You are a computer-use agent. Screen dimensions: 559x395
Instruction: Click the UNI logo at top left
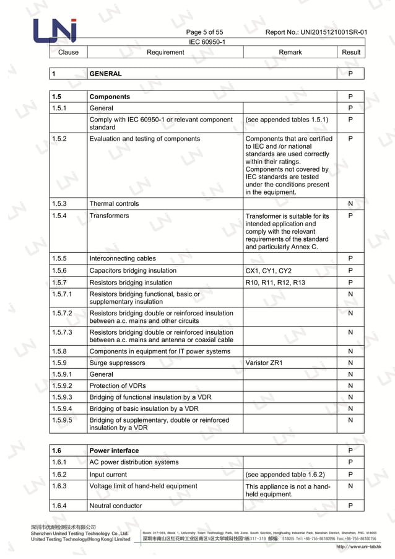tap(55, 31)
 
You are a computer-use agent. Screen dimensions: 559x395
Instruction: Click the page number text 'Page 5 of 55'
tap(204, 32)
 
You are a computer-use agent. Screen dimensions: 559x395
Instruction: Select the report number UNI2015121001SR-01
tap(316, 32)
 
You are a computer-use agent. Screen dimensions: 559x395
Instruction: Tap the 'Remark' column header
tap(290, 52)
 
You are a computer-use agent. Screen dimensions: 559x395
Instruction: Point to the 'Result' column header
tap(350, 52)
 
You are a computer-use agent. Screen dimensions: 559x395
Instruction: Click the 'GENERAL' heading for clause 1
tap(106, 74)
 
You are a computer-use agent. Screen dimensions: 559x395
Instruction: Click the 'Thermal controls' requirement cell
tap(114, 203)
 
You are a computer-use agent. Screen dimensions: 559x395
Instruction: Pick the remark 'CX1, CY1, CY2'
tap(268, 271)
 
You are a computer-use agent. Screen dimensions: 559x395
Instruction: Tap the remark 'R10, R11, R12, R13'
tap(275, 283)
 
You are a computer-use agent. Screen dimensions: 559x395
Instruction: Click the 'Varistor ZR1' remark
tap(264, 363)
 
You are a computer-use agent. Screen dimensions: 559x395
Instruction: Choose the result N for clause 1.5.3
tap(350, 203)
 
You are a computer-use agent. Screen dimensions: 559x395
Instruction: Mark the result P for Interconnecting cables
tap(350, 258)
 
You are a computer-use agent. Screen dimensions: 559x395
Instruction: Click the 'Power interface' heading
tap(114, 451)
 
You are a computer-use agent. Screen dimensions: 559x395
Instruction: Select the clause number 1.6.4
tap(61, 506)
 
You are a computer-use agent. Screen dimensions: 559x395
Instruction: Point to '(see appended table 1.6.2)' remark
tap(285, 474)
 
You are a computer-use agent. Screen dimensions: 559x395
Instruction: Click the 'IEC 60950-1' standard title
tap(206, 42)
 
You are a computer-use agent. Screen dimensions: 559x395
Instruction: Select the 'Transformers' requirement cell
tap(109, 216)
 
